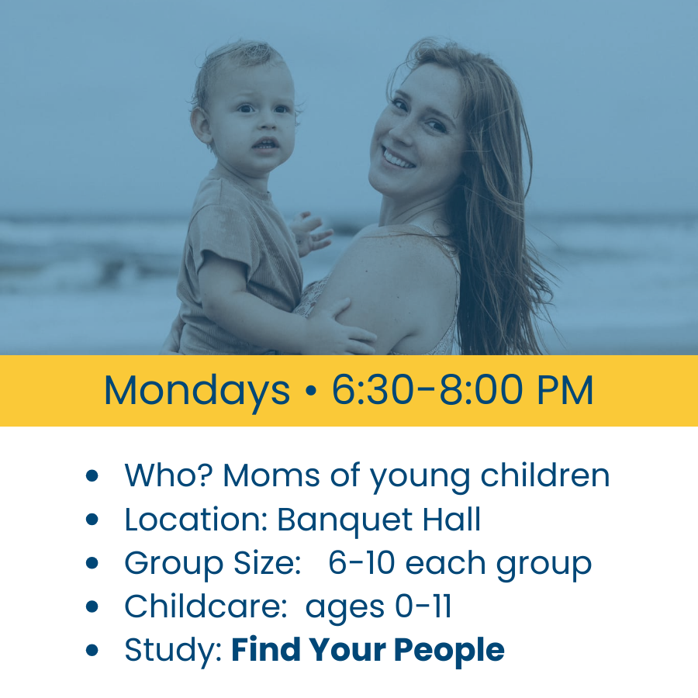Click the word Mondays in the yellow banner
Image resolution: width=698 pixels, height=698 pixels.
196,391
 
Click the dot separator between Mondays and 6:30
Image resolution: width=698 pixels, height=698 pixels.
311,392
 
